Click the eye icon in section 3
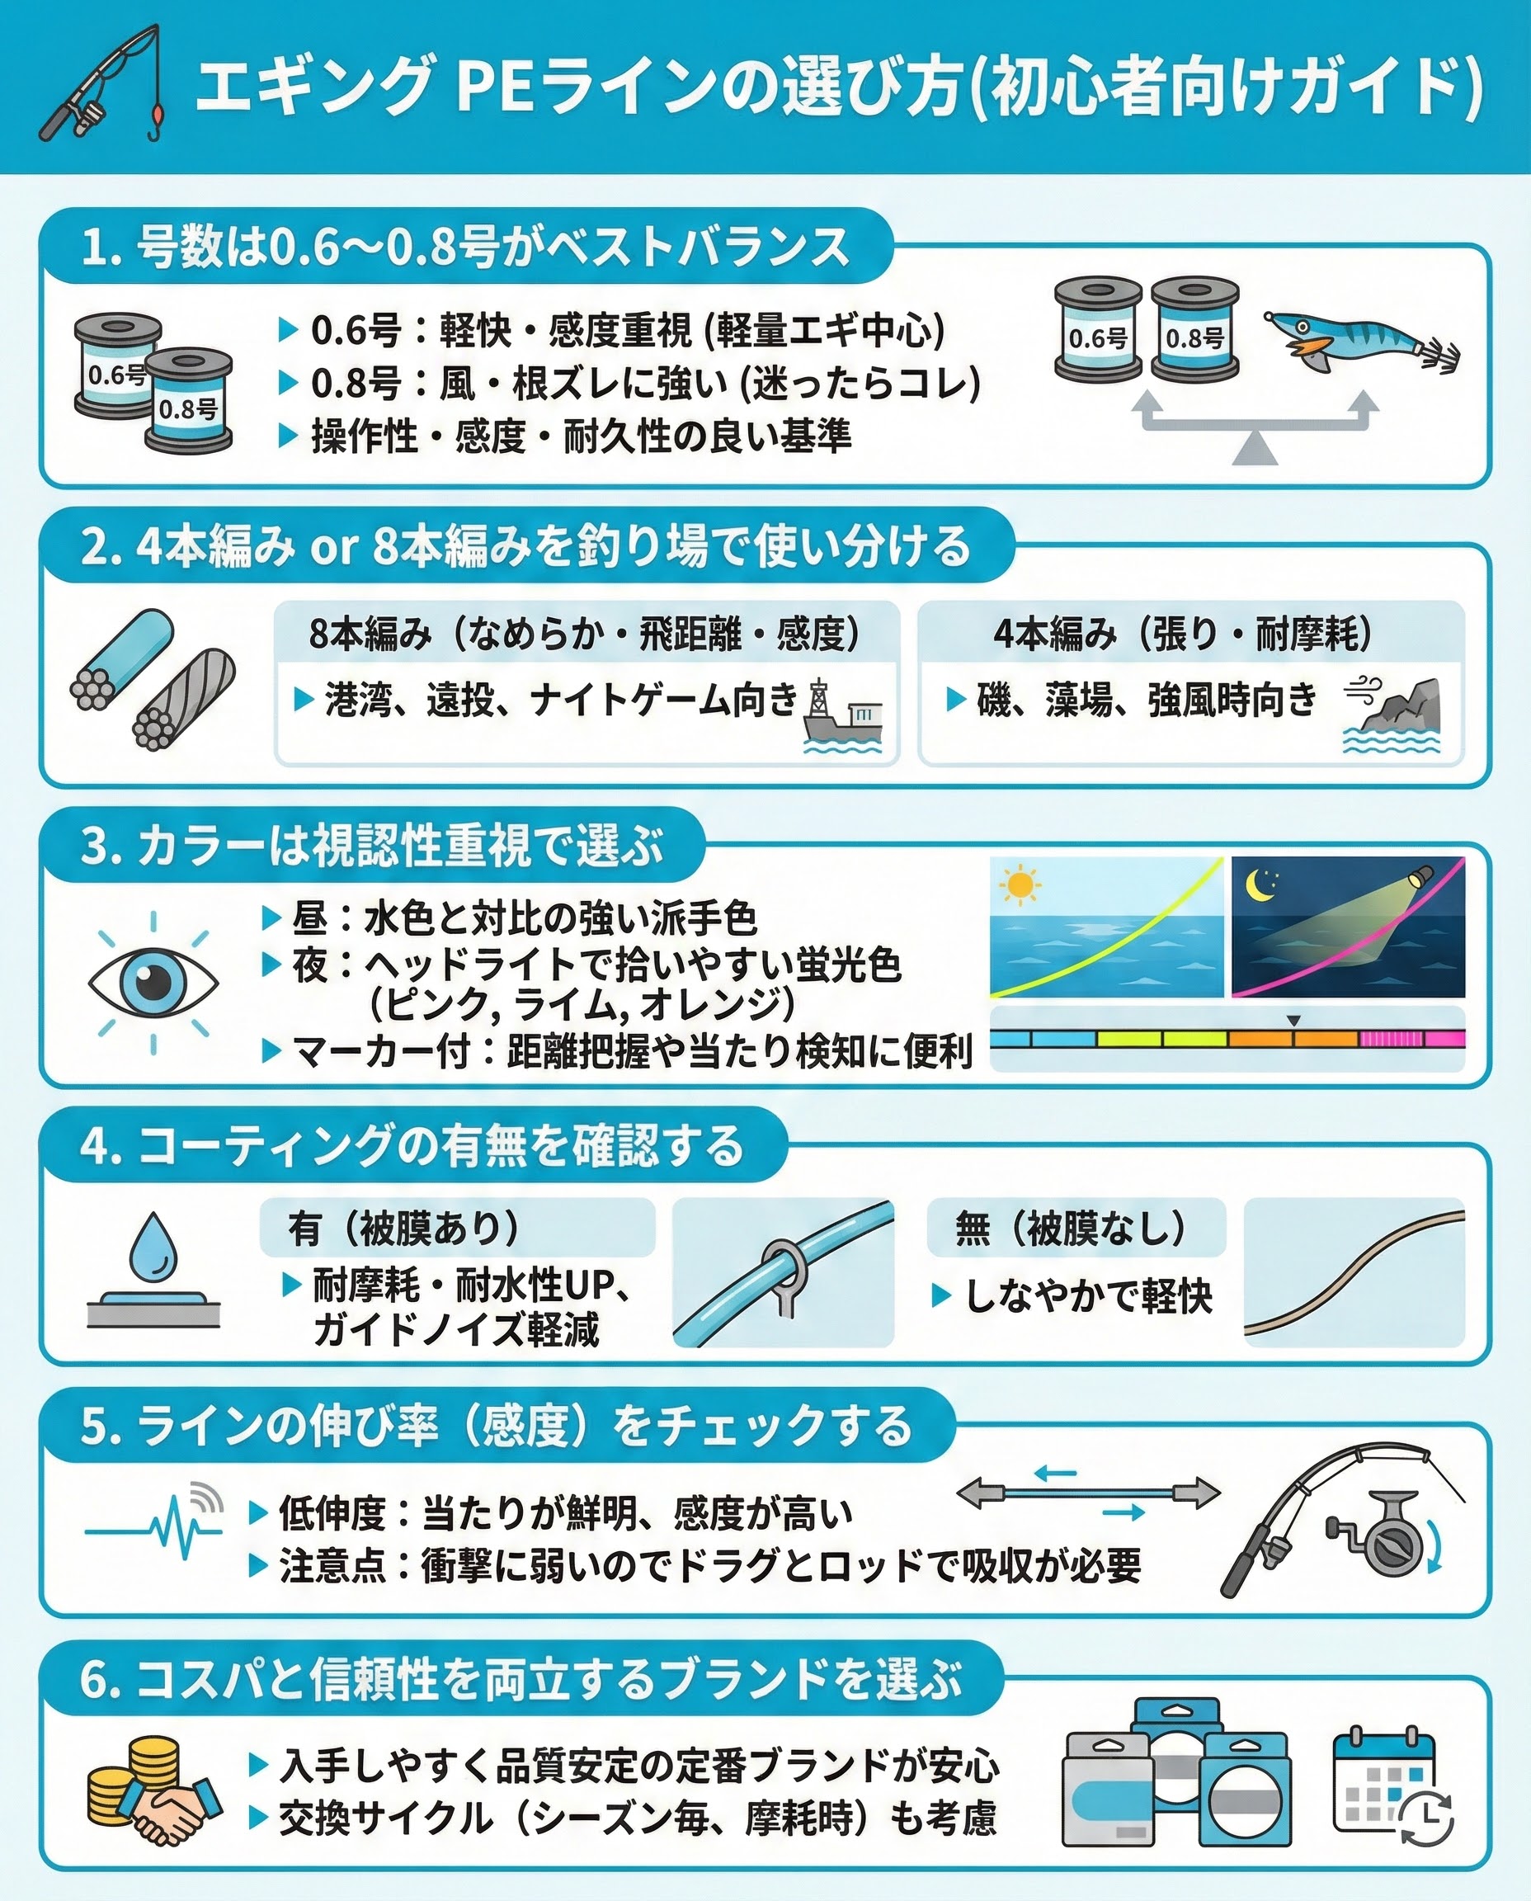click(153, 982)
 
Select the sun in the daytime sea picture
click(1020, 884)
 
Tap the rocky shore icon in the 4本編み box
click(1392, 715)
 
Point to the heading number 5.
click(93, 1427)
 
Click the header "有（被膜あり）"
click(405, 1227)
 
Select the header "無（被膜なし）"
click(1072, 1227)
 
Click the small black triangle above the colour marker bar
click(1293, 1021)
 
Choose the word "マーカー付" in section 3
click(381, 1050)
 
